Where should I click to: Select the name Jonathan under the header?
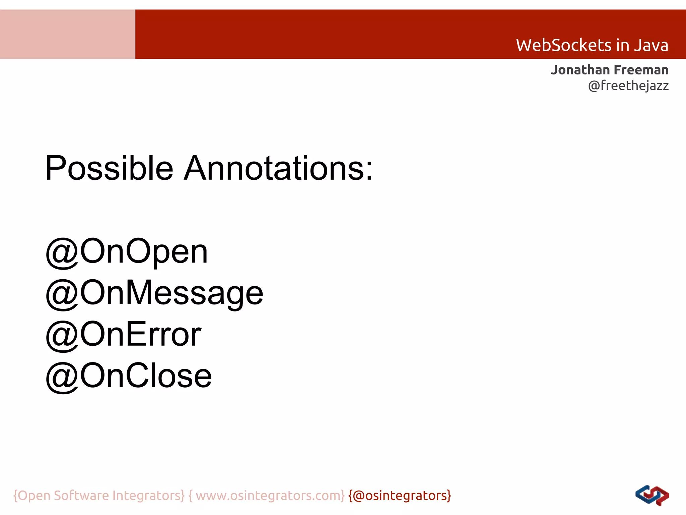pos(580,70)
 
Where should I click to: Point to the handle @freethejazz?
pos(628,86)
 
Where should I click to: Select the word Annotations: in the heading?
pos(278,168)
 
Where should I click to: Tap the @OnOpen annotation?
pos(127,251)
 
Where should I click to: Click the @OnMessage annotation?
pos(154,293)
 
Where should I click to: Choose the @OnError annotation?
pos(123,335)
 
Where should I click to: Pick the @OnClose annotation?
pos(129,376)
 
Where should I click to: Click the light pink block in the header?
pos(67,34)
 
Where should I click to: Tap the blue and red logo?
pos(652,496)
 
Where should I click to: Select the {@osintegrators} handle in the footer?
pos(400,496)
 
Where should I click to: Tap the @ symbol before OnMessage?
pos(62,294)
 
